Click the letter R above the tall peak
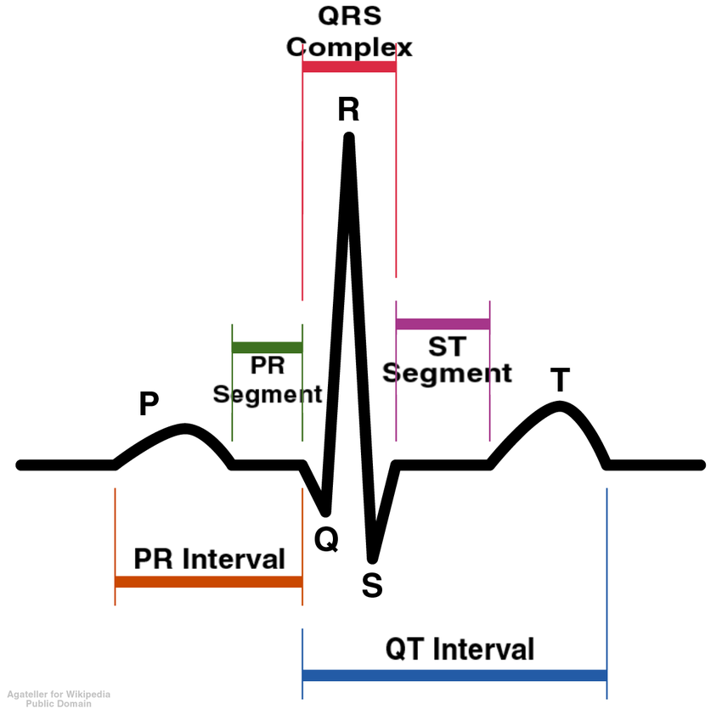[x=348, y=110]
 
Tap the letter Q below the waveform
[x=326, y=538]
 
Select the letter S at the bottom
[x=372, y=585]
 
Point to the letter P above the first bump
[x=149, y=404]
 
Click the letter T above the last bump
[x=559, y=380]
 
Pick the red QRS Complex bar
[x=349, y=66]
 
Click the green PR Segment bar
[x=267, y=346]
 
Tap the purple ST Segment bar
[x=443, y=324]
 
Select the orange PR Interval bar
[x=208, y=582]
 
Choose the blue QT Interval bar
[x=454, y=675]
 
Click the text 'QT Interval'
[x=460, y=649]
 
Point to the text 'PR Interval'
[x=209, y=559]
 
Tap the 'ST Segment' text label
[x=447, y=361]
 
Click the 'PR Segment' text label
[x=267, y=380]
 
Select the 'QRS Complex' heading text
[x=349, y=31]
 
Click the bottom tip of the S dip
[x=372, y=559]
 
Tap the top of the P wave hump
[x=185, y=427]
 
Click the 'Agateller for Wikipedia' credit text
[x=59, y=695]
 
